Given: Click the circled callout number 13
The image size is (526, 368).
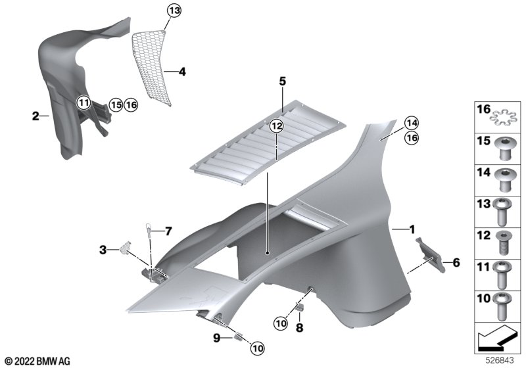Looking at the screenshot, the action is point(174,11).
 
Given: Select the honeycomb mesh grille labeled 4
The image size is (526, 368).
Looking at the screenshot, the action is point(151,67).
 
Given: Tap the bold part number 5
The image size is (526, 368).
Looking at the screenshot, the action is point(283,81).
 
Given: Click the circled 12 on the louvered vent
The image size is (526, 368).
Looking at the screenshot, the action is point(276,126).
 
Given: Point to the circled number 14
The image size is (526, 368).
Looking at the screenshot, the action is point(412,123).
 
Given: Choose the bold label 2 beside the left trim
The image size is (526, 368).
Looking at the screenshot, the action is point(36,116).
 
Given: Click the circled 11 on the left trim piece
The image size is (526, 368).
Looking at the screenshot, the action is point(84,103).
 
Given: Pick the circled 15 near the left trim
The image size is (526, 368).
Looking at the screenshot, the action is point(116,105).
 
